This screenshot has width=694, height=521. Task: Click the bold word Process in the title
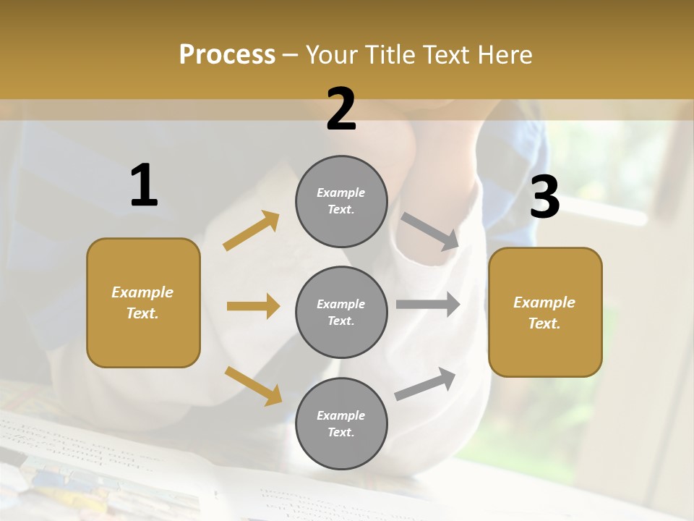(x=227, y=54)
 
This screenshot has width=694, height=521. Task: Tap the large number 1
(x=144, y=185)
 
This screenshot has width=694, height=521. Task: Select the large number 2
(x=341, y=109)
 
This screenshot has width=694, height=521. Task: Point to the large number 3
(x=544, y=197)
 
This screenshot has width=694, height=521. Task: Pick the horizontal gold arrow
(x=253, y=306)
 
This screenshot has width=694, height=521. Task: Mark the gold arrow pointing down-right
(x=253, y=385)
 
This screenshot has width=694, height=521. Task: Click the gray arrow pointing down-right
(x=430, y=231)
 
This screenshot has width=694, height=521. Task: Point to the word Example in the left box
(x=142, y=292)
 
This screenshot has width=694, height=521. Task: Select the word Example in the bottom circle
(x=340, y=415)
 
